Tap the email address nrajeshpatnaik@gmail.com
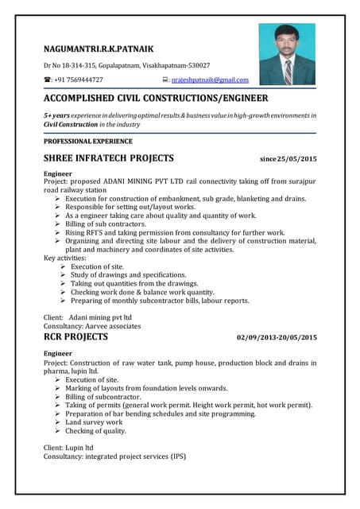click(x=210, y=80)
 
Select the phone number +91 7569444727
click(x=79, y=80)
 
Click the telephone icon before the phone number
click(x=47, y=80)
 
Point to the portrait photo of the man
click(x=287, y=54)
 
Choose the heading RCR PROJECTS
click(x=75, y=337)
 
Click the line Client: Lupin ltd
click(x=73, y=449)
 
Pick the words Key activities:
click(x=67, y=258)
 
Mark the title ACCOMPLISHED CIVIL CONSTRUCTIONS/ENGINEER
click(x=155, y=99)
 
